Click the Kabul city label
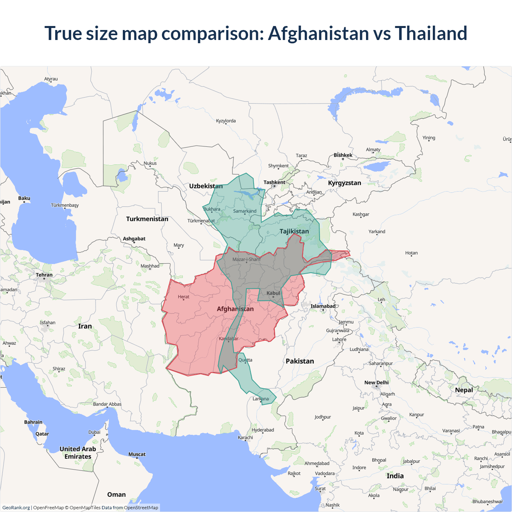point(273,293)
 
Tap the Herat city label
point(184,297)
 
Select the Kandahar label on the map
point(228,339)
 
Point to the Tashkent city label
point(274,182)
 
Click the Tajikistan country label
point(294,231)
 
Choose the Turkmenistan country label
point(147,219)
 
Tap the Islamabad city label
point(323,306)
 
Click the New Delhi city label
point(376,383)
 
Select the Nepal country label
point(464,390)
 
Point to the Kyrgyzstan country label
point(344,183)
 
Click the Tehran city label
point(44,275)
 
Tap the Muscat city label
point(137,454)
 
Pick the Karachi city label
point(245,438)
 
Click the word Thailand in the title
point(431,33)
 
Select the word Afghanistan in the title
point(318,33)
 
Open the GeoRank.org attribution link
point(16,508)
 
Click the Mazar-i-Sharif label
point(246,260)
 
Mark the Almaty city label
point(373,150)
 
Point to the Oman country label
point(116,495)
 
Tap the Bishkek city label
point(343,155)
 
